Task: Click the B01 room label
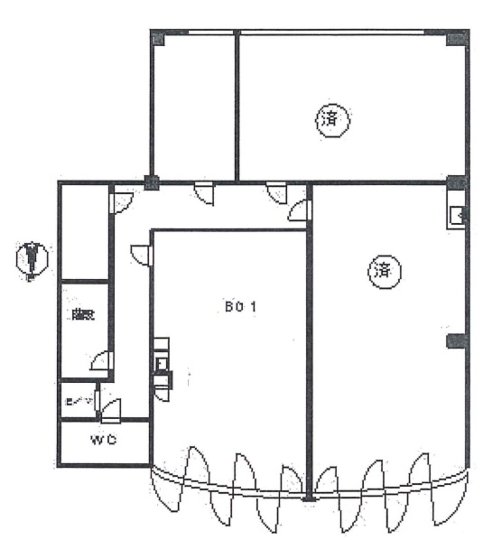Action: click(241, 307)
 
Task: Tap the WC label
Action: click(104, 440)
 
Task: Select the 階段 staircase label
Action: click(82, 315)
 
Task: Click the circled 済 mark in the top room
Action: click(333, 120)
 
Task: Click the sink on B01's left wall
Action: click(161, 363)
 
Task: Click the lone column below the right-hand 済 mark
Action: click(456, 341)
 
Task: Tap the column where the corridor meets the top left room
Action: click(152, 182)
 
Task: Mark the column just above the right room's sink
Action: click(456, 182)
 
